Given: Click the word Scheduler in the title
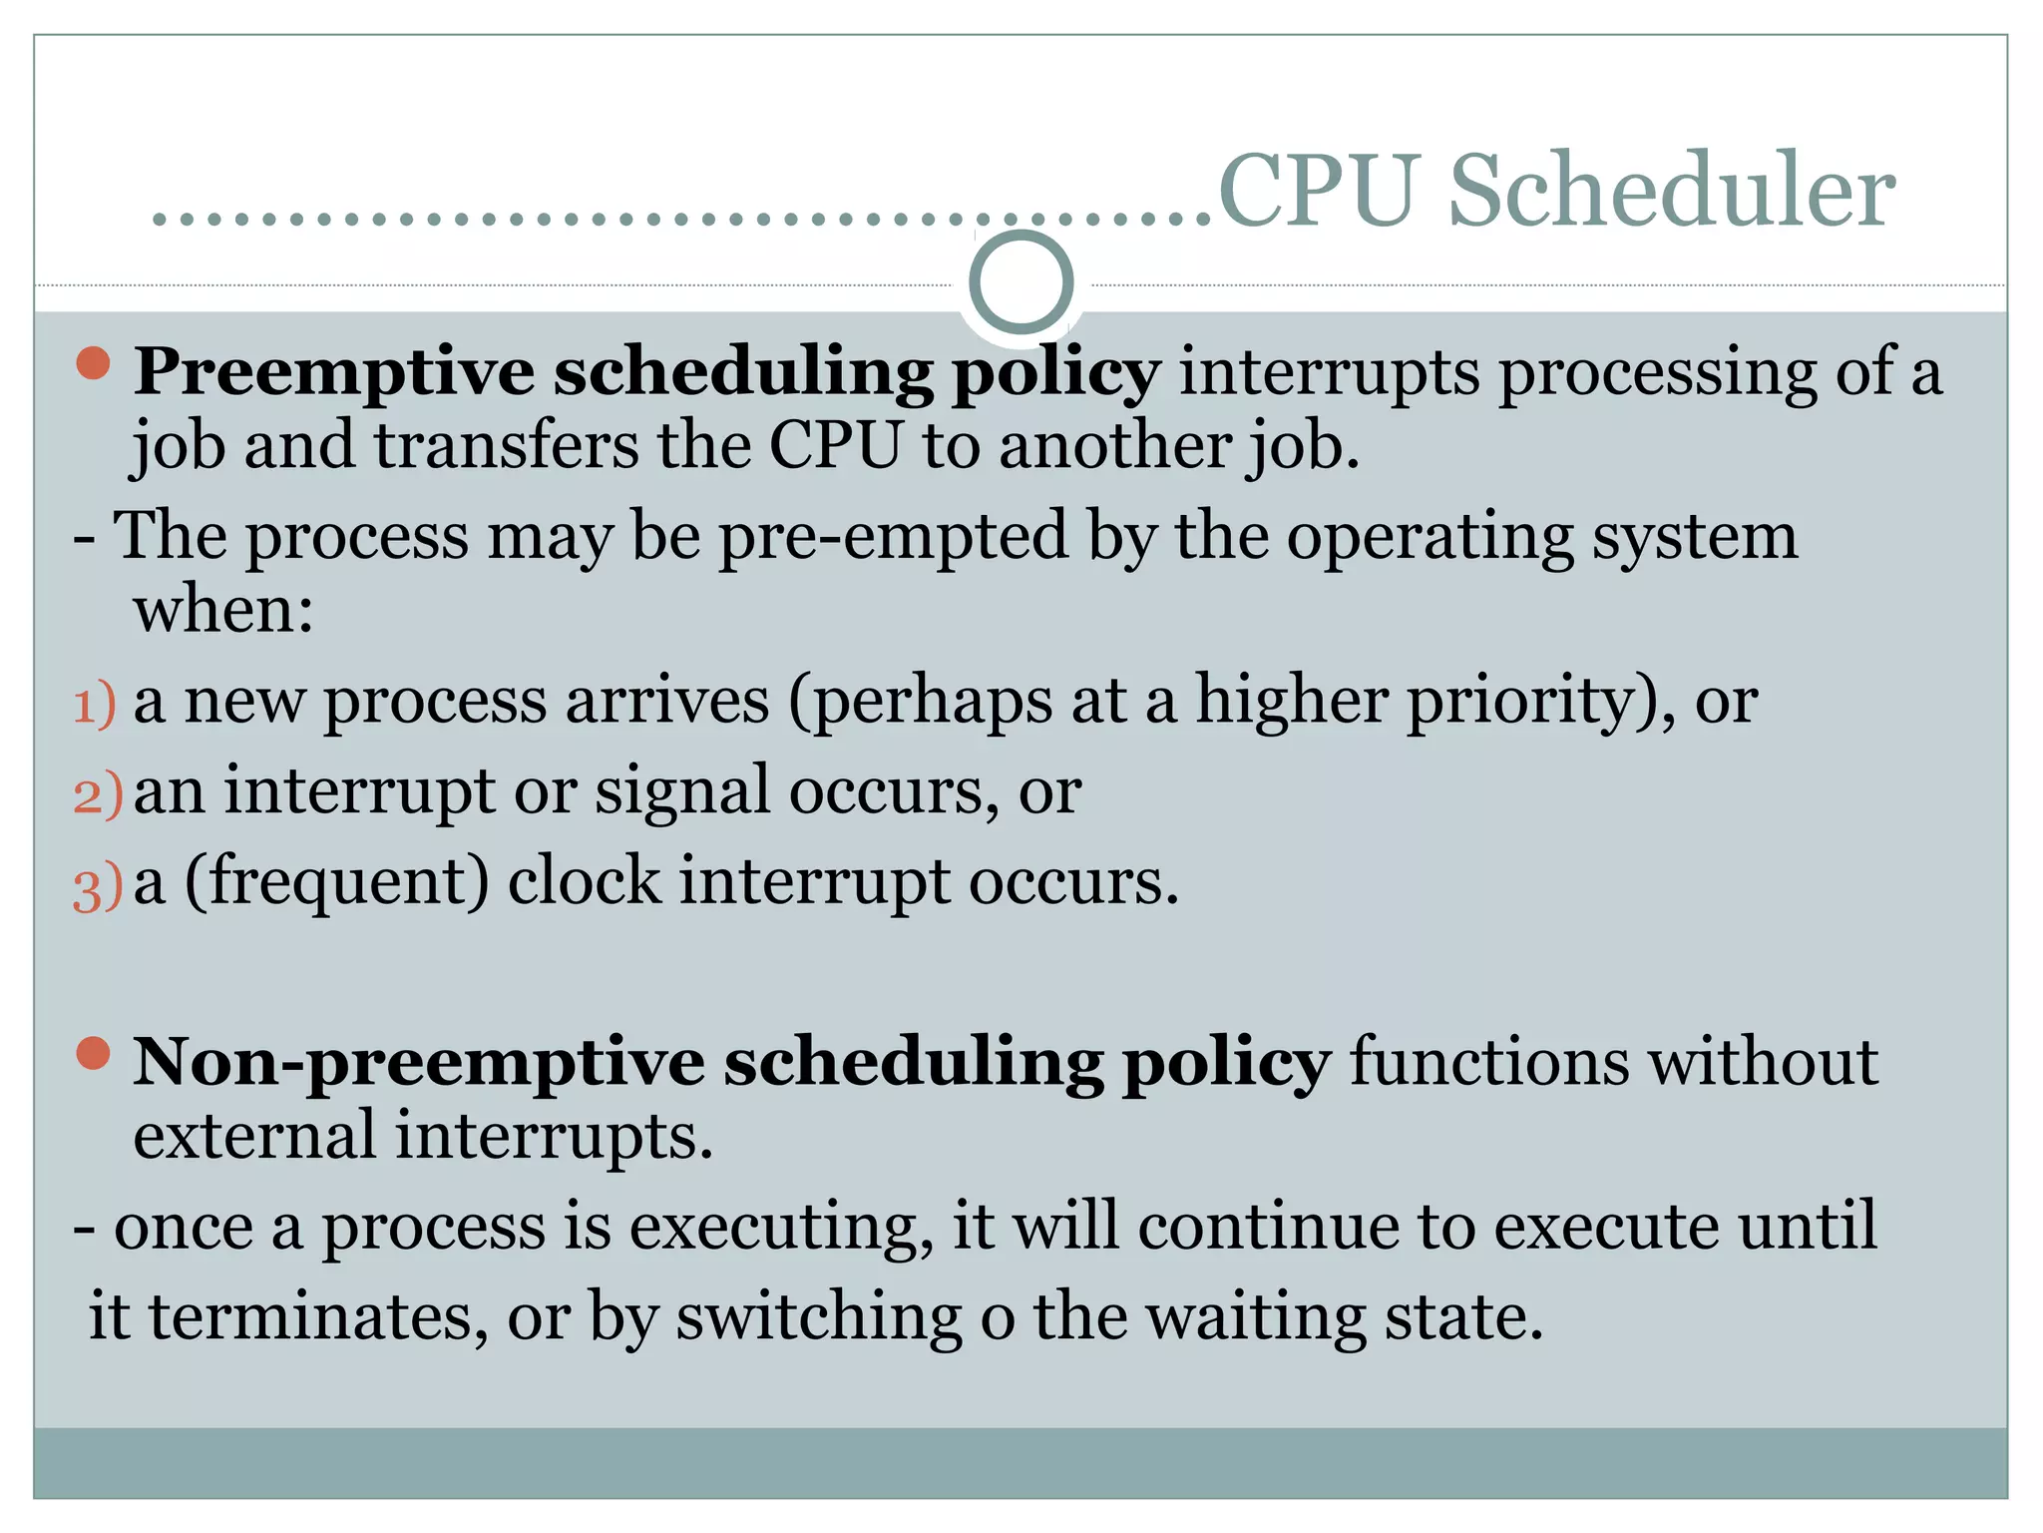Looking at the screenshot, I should (1671, 192).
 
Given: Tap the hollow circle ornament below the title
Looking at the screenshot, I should (1021, 282).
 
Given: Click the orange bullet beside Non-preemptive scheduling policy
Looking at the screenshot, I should (93, 1053).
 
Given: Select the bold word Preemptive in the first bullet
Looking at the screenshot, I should (334, 372).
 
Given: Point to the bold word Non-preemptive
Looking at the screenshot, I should (419, 1062).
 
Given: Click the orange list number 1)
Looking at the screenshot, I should (95, 705).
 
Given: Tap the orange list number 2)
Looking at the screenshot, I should (97, 795).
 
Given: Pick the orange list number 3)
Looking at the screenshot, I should (97, 887).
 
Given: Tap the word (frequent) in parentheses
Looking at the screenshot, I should (337, 883).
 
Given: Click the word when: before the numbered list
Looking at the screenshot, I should (223, 610).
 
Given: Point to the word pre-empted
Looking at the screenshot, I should (893, 538).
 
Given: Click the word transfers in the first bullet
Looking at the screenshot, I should (506, 446).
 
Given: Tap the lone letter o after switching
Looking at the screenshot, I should (997, 1319).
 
